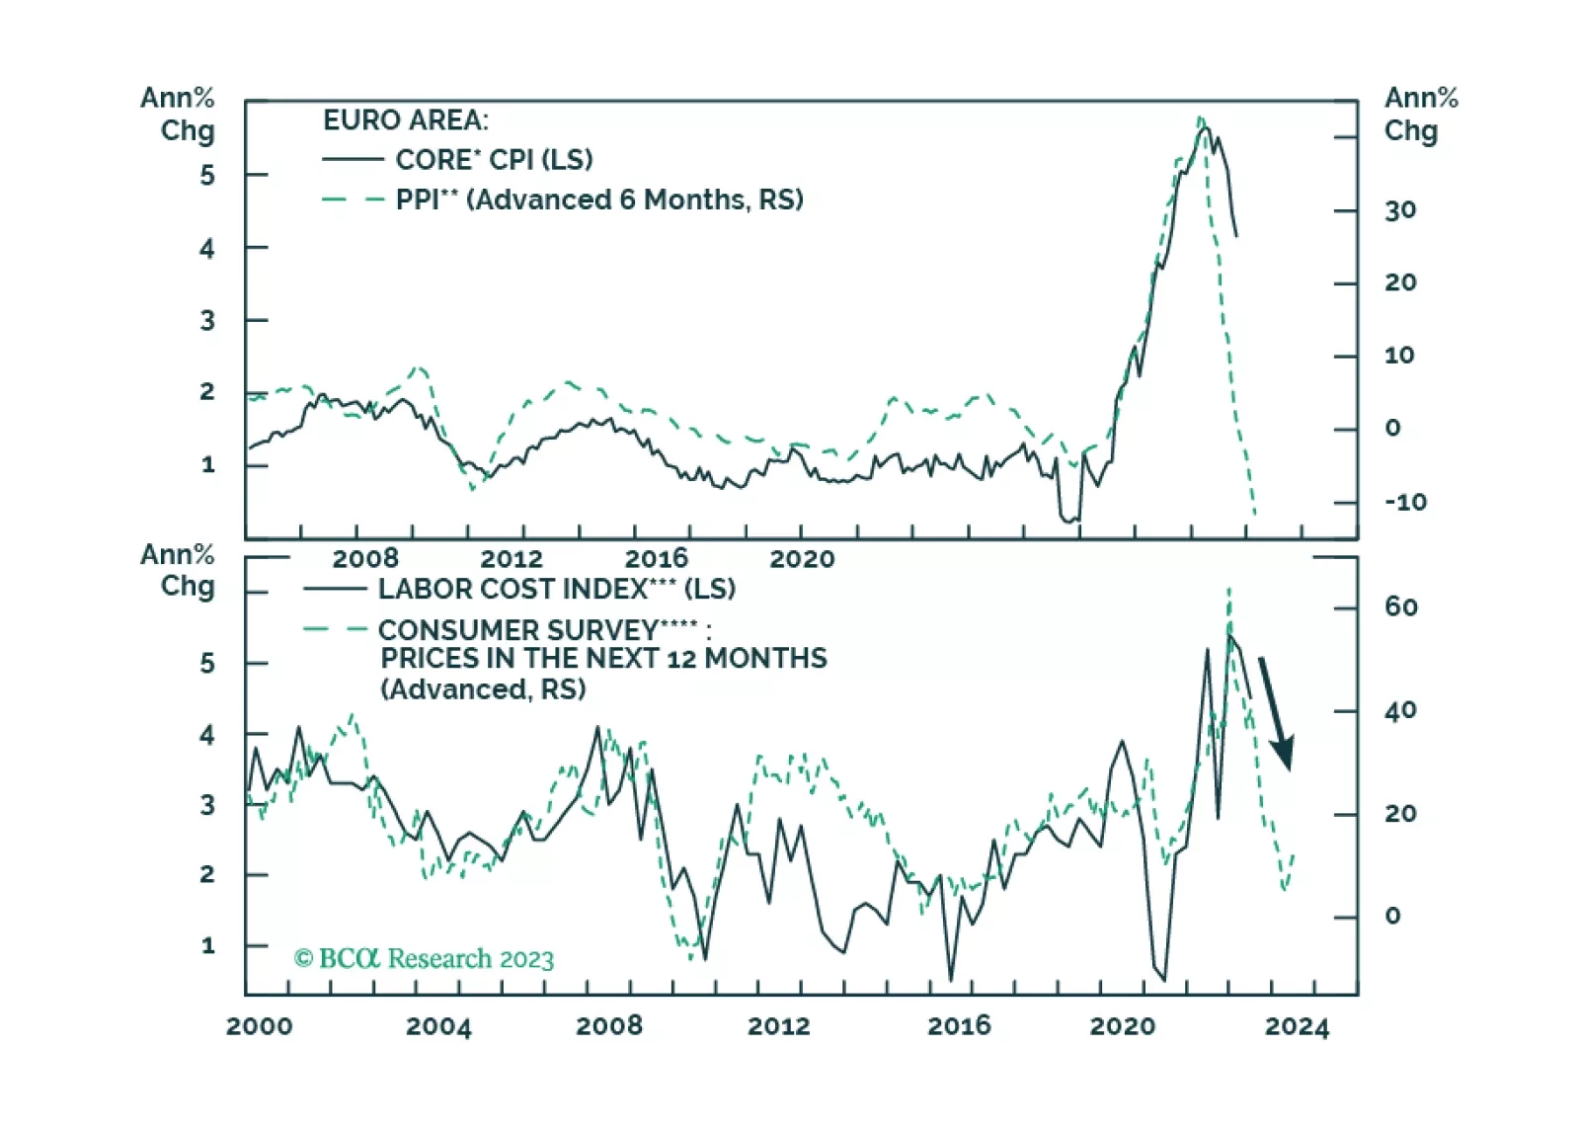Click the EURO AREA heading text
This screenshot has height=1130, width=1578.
click(x=405, y=121)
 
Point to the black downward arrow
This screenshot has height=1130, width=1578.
click(x=1276, y=713)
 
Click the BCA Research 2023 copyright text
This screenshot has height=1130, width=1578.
click(x=424, y=959)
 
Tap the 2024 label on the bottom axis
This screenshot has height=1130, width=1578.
click(x=1297, y=1027)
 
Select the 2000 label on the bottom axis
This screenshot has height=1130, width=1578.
click(x=259, y=1027)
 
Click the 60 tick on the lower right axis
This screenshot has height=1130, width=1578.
click(x=1400, y=606)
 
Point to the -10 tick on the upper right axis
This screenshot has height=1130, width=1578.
click(x=1404, y=502)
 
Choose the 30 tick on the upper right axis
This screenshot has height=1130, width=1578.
click(x=1399, y=210)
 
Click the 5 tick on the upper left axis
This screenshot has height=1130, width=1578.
click(x=207, y=176)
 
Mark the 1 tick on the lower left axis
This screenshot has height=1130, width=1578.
click(x=207, y=946)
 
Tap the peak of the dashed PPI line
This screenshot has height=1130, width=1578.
click(x=1201, y=120)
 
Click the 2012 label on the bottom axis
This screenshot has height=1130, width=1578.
click(x=778, y=1027)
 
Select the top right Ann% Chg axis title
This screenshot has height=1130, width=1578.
click(x=1420, y=115)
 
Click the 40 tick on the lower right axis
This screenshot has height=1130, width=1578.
click(x=1400, y=711)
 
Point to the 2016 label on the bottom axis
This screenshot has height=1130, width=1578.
click(x=958, y=1027)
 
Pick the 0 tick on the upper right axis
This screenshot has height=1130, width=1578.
click(x=1392, y=429)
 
